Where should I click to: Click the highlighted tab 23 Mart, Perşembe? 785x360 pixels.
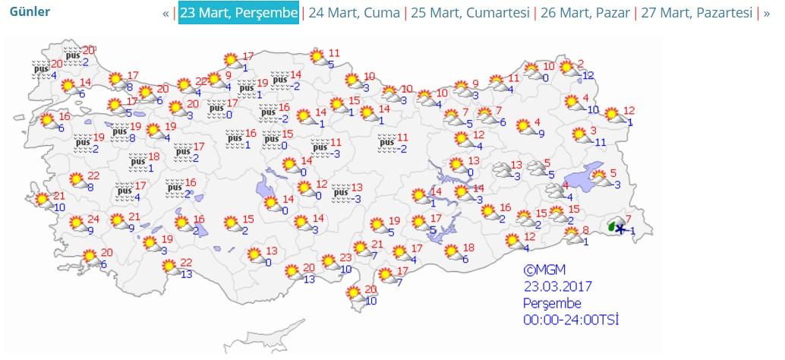coord(239,13)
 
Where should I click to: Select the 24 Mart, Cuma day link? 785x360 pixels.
coord(352,13)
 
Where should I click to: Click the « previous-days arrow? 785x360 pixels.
coord(166,13)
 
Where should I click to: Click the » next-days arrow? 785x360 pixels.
coord(767,13)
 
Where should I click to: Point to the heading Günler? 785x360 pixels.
coord(30,12)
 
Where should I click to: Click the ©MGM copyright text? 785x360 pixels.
coord(544,270)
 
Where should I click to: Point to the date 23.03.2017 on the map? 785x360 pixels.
coord(557,286)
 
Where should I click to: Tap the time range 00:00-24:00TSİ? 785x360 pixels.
coord(570,320)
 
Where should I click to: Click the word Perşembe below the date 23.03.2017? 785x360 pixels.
coord(550,303)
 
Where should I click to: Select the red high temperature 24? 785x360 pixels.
coord(93,218)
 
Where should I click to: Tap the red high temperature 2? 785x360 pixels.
coord(580,64)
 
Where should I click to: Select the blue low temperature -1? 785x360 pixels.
coord(632,230)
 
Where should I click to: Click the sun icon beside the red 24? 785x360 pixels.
coord(77,223)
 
